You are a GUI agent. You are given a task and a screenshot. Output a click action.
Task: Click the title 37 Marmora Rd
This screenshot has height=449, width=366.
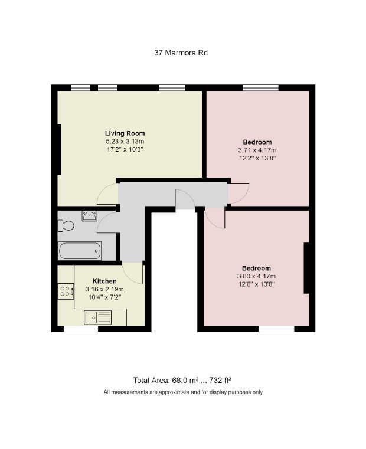(181, 53)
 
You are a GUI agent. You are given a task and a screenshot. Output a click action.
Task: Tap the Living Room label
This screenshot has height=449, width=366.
(125, 133)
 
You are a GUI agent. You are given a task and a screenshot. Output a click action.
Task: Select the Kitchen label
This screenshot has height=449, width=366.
(104, 281)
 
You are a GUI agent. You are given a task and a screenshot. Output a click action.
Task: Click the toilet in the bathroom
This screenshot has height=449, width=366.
(66, 225)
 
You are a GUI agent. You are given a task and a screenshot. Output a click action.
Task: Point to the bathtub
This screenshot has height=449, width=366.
(80, 251)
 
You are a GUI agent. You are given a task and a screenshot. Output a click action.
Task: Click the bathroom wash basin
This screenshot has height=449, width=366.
(90, 216)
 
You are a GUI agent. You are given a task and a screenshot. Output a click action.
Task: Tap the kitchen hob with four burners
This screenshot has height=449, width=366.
(66, 291)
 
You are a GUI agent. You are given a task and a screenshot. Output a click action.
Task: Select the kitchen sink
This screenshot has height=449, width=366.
(98, 317)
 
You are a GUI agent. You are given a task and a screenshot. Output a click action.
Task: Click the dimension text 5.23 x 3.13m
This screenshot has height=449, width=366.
(125, 142)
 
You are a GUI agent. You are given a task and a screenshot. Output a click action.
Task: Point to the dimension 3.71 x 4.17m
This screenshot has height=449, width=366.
(257, 150)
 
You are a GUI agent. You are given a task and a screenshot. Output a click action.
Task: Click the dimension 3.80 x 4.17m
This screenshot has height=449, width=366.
(257, 276)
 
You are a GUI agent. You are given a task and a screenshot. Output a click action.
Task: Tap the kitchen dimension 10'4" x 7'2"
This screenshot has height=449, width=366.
(104, 297)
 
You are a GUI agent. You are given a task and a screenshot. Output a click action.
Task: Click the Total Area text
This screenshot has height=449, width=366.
(182, 381)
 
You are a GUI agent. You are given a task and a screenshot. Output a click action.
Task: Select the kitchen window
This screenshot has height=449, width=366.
(81, 329)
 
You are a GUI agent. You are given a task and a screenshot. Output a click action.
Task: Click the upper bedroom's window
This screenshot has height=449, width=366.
(260, 88)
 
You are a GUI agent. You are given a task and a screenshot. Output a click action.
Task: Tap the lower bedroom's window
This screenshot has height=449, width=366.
(276, 329)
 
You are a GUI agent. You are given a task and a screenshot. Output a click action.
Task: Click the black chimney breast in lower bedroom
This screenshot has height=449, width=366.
(306, 268)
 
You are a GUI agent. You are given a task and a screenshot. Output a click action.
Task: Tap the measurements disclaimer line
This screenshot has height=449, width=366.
(183, 392)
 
